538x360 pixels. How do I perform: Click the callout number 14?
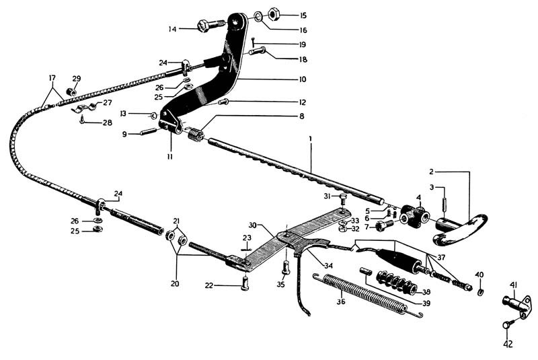coord(173,29)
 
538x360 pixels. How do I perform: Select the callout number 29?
coord(76,78)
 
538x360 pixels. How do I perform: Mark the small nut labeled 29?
coord(73,91)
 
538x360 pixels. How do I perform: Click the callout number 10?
coord(303,79)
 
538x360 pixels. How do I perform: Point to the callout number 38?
coord(425,292)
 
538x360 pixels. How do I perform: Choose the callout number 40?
coord(479,275)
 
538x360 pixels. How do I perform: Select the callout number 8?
coord(301,116)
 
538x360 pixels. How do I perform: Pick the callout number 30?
coord(252,224)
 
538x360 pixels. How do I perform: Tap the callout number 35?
coord(280,285)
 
